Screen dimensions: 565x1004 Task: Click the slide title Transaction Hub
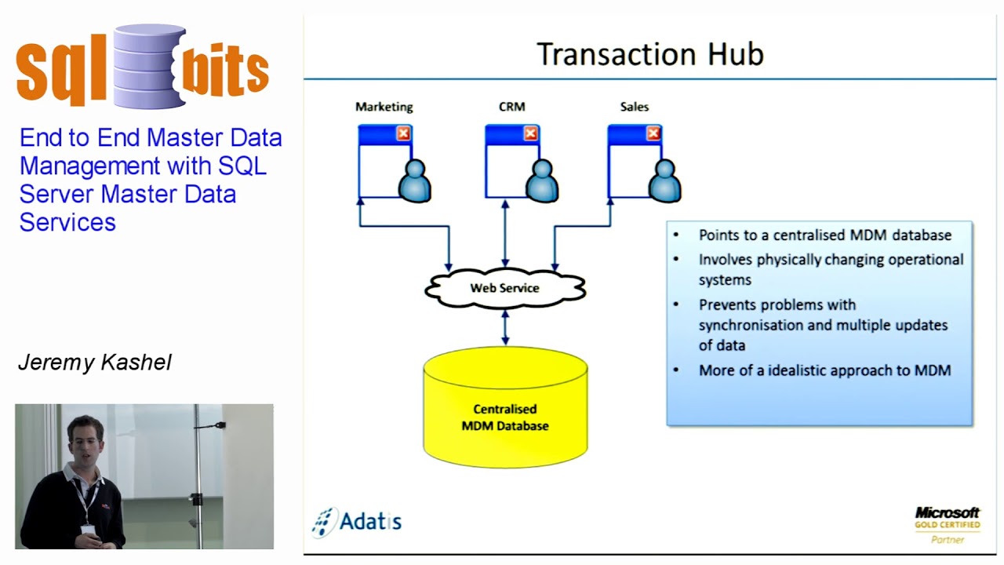[649, 55]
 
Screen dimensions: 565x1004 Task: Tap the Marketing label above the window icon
[384, 107]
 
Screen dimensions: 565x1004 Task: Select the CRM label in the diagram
[511, 107]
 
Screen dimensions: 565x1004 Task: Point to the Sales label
[634, 107]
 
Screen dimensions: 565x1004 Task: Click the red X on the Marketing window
[403, 134]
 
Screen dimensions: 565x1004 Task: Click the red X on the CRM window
[530, 134]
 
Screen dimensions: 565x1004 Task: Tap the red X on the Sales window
[653, 134]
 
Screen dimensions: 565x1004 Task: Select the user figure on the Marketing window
[414, 181]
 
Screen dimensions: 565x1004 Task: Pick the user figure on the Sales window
[664, 181]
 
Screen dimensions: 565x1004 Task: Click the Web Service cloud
[504, 288]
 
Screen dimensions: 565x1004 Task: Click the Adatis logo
[357, 521]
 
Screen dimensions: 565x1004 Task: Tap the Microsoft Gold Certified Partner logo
[947, 524]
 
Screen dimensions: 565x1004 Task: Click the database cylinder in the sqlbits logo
[148, 66]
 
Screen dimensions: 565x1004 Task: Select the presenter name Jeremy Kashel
[94, 363]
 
